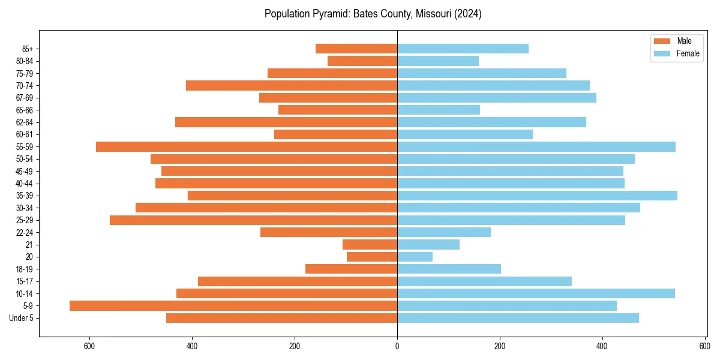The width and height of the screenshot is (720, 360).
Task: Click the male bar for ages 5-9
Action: pos(233,305)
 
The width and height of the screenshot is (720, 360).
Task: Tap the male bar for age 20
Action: pos(372,257)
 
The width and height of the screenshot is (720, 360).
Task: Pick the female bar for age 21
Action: pos(428,244)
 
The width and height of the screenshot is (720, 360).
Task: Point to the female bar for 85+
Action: pos(463,49)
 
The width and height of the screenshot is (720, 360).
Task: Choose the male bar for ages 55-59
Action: pos(247,146)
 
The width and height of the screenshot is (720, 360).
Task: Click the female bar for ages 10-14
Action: pos(536,293)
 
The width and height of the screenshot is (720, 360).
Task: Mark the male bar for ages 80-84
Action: pos(362,61)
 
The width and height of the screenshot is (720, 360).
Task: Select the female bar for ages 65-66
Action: pos(439,110)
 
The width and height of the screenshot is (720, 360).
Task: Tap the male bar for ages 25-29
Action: pos(253,220)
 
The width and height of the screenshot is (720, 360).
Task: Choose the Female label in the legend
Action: pos(688,53)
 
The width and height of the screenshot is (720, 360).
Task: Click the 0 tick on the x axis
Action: pos(397,346)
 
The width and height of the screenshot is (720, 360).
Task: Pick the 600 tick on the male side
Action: pos(89,346)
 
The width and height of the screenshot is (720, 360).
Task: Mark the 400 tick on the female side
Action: pos(602,346)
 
